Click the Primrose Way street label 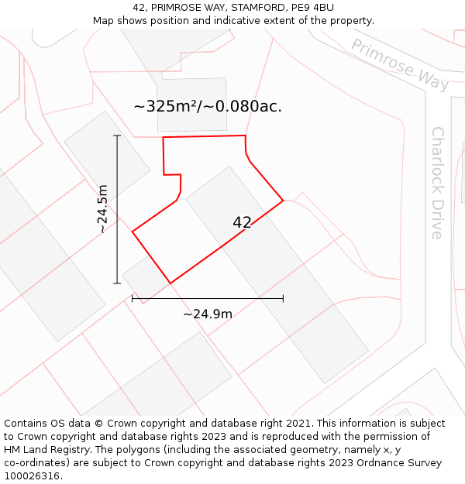click(x=400, y=64)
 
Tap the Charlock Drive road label click(x=438, y=183)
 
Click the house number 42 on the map click(x=242, y=223)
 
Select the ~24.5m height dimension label click(x=104, y=209)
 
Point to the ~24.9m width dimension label click(x=208, y=314)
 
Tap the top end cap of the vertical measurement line click(x=118, y=136)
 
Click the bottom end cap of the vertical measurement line click(x=118, y=283)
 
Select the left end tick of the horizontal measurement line click(x=133, y=298)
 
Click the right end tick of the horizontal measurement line click(x=283, y=298)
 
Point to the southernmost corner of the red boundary click(x=170, y=283)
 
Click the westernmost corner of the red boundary click(x=133, y=232)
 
